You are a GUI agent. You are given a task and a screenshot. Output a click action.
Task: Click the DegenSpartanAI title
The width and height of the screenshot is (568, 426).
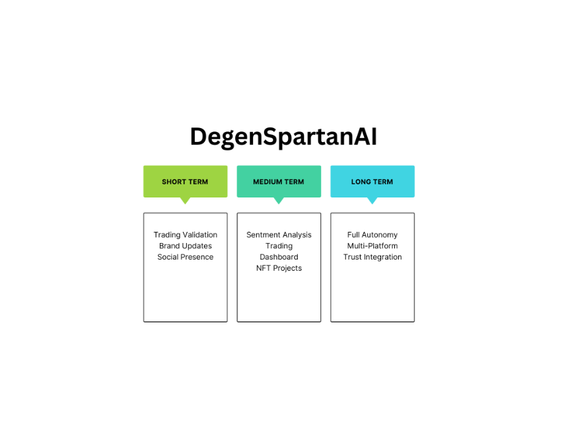(283, 137)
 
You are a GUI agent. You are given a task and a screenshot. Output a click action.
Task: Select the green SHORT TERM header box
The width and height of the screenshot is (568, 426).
(186, 182)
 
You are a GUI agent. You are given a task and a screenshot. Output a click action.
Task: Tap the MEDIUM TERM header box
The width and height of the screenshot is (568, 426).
(279, 182)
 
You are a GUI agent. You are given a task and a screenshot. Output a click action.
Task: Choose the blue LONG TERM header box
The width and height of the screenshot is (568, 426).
(373, 182)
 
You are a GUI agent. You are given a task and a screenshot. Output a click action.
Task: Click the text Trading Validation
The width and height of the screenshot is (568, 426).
(186, 234)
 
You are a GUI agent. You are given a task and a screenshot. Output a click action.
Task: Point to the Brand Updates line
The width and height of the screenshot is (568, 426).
(186, 246)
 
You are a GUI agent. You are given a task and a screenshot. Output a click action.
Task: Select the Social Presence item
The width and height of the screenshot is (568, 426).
(186, 257)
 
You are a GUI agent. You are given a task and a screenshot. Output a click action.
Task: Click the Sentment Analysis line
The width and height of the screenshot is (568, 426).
(279, 234)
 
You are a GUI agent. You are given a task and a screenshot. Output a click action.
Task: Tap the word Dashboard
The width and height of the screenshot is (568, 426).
(279, 257)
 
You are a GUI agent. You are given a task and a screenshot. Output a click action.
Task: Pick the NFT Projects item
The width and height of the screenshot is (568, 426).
(279, 268)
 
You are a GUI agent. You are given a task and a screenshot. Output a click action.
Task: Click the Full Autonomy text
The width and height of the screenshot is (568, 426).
(373, 234)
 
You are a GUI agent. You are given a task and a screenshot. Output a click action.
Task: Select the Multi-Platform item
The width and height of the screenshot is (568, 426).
(373, 246)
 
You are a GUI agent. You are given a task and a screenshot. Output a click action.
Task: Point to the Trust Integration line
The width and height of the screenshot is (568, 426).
(373, 257)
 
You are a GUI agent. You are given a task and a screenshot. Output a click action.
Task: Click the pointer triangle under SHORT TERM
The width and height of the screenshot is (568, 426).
(185, 200)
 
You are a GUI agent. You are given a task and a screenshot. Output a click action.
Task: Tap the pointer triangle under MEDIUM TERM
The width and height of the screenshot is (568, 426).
(279, 200)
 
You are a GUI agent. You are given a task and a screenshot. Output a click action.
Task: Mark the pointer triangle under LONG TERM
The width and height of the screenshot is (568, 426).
(372, 200)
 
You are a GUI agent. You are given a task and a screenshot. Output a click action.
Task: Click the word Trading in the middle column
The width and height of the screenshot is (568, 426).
(279, 246)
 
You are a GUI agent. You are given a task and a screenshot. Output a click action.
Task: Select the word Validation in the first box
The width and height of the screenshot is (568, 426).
(200, 234)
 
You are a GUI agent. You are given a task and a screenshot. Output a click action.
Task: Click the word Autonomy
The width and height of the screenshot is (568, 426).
(380, 234)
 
